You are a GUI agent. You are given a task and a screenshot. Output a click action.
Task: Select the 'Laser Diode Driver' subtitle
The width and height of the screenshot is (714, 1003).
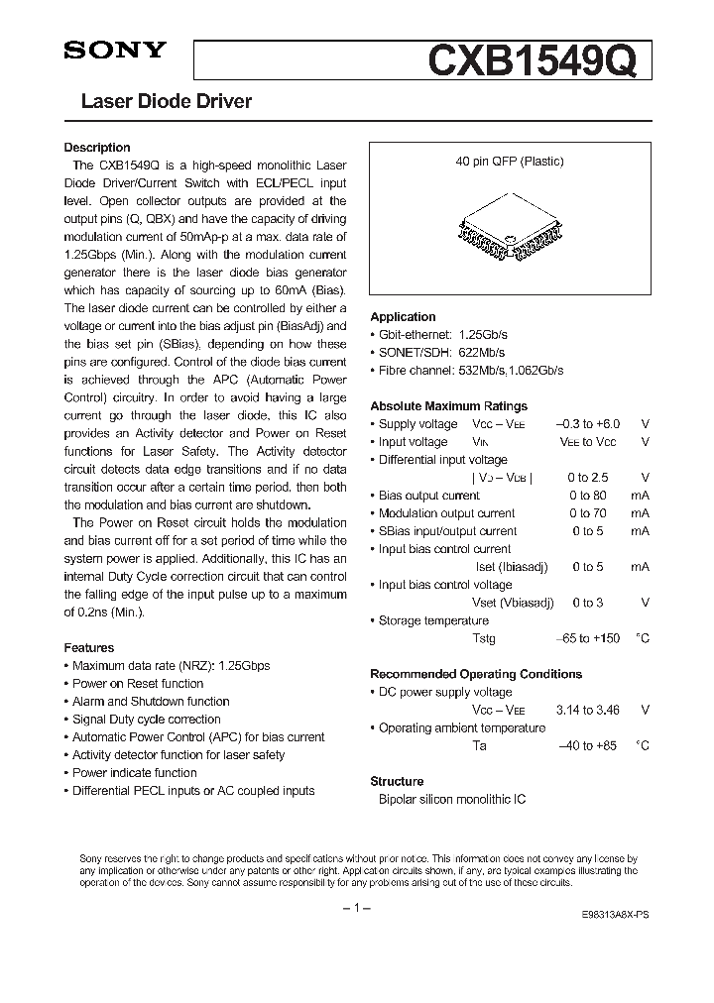(166, 101)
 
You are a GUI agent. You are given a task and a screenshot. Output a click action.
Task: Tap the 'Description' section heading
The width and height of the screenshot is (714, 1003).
(97, 148)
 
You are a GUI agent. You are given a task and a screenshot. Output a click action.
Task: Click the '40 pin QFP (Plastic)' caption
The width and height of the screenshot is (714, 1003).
(510, 162)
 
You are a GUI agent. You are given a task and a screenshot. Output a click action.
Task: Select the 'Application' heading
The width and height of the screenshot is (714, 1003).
(403, 317)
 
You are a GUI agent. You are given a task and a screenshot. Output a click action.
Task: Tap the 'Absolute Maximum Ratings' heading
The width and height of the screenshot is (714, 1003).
(448, 406)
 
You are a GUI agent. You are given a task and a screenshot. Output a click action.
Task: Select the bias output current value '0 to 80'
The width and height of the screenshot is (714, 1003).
(587, 496)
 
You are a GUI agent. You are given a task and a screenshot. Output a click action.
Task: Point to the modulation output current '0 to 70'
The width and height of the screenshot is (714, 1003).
(587, 513)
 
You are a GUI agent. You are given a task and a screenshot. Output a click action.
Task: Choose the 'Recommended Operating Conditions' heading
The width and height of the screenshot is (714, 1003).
(476, 674)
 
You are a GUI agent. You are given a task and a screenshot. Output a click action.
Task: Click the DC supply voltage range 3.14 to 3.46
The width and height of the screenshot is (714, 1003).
(588, 710)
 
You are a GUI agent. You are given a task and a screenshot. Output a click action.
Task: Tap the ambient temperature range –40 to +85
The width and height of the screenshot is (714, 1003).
(588, 745)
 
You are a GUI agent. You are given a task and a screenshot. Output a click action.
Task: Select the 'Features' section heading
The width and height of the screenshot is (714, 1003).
(89, 648)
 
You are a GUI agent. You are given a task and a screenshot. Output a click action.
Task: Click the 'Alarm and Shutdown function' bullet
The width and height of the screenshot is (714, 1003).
(151, 702)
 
